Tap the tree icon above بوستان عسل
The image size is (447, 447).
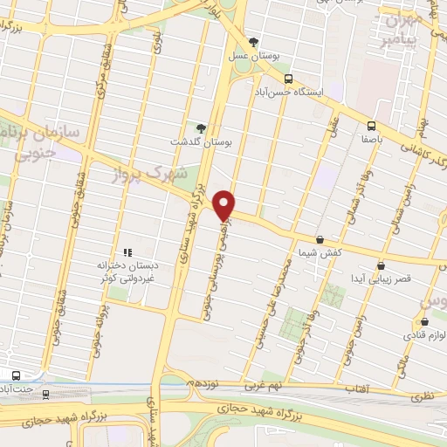[253, 41]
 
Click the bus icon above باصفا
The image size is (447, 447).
[371, 125]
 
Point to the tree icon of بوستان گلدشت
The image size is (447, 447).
[200, 129]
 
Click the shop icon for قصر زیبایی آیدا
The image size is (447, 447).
[381, 265]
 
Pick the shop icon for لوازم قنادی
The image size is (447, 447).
[424, 321]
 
